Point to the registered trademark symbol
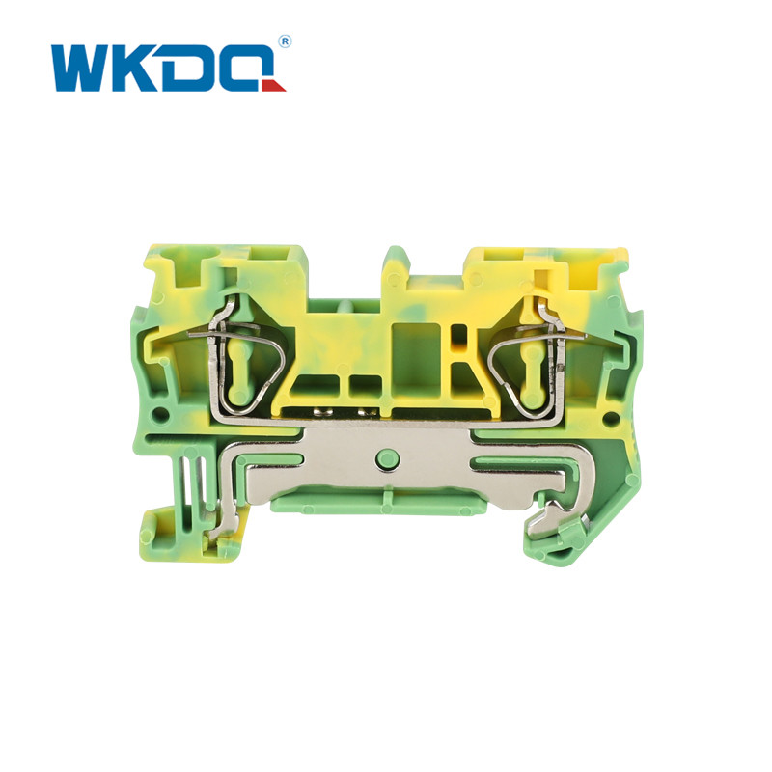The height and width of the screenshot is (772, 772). [x=284, y=41]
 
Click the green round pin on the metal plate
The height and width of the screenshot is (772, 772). [x=387, y=459]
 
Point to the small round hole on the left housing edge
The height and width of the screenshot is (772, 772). [x=159, y=413]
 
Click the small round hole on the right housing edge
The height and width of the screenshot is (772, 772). [x=611, y=420]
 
